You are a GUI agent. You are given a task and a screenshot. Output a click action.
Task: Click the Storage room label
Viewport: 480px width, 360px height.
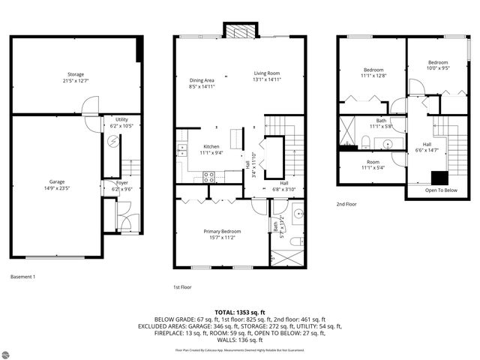click(75, 77)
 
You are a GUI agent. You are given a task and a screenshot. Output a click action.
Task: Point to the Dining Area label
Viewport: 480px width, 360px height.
click(202, 82)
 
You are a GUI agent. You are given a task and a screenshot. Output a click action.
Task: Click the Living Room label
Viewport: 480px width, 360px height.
click(266, 76)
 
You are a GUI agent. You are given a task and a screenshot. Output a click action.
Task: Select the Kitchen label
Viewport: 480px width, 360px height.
click(211, 150)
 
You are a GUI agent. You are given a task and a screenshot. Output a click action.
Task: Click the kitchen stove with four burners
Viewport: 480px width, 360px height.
click(209, 177)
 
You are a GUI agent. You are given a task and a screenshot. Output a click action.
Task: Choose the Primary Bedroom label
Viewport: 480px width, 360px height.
click(222, 234)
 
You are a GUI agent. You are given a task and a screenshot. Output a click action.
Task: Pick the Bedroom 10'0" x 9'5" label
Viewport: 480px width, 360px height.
click(437, 65)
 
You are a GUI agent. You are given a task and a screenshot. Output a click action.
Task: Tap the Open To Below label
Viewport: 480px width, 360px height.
click(441, 190)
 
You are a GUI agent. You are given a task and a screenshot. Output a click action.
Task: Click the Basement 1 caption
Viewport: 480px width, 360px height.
click(22, 277)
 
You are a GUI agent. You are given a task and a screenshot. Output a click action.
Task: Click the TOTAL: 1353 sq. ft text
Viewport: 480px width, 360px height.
click(240, 312)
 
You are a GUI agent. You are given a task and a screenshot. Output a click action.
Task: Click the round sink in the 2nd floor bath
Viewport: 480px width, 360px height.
click(388, 143)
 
